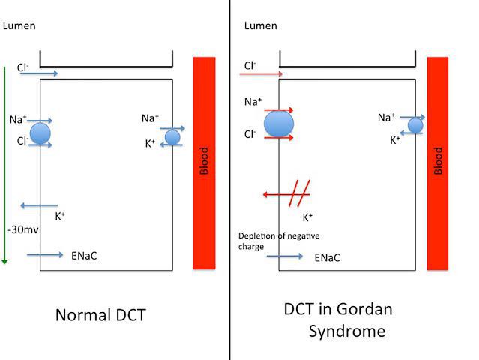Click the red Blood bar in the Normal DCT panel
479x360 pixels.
pyautogui.click(x=204, y=162)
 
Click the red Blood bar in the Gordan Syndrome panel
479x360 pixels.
pyautogui.click(x=438, y=162)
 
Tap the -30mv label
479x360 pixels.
pyautogui.click(x=19, y=230)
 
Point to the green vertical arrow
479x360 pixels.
pyautogui.click(x=5, y=165)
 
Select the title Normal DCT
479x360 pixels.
pyautogui.click(x=100, y=314)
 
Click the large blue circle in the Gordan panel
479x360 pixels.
pyautogui.click(x=278, y=124)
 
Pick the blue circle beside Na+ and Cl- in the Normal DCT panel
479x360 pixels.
pyautogui.click(x=40, y=133)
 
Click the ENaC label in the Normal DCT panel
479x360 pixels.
pyautogui.click(x=85, y=256)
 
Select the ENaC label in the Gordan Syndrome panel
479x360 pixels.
pyautogui.click(x=327, y=257)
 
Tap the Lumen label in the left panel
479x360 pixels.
pyautogui.click(x=19, y=26)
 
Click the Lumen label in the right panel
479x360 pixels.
pyautogui.click(x=261, y=26)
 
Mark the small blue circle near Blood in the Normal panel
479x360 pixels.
pyautogui.click(x=172, y=137)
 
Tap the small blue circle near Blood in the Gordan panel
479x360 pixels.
pyautogui.click(x=415, y=125)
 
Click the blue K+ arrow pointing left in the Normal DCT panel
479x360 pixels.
pyautogui.click(x=39, y=205)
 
